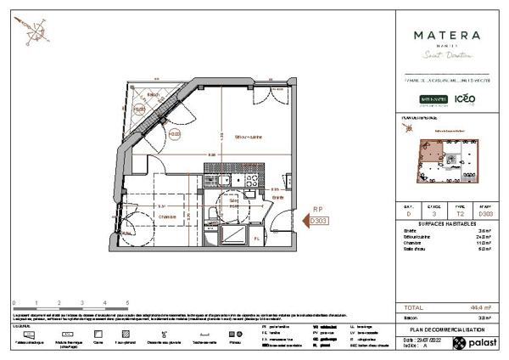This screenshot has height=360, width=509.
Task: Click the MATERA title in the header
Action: pos(446,36)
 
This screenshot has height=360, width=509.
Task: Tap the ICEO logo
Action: pos(465,98)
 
